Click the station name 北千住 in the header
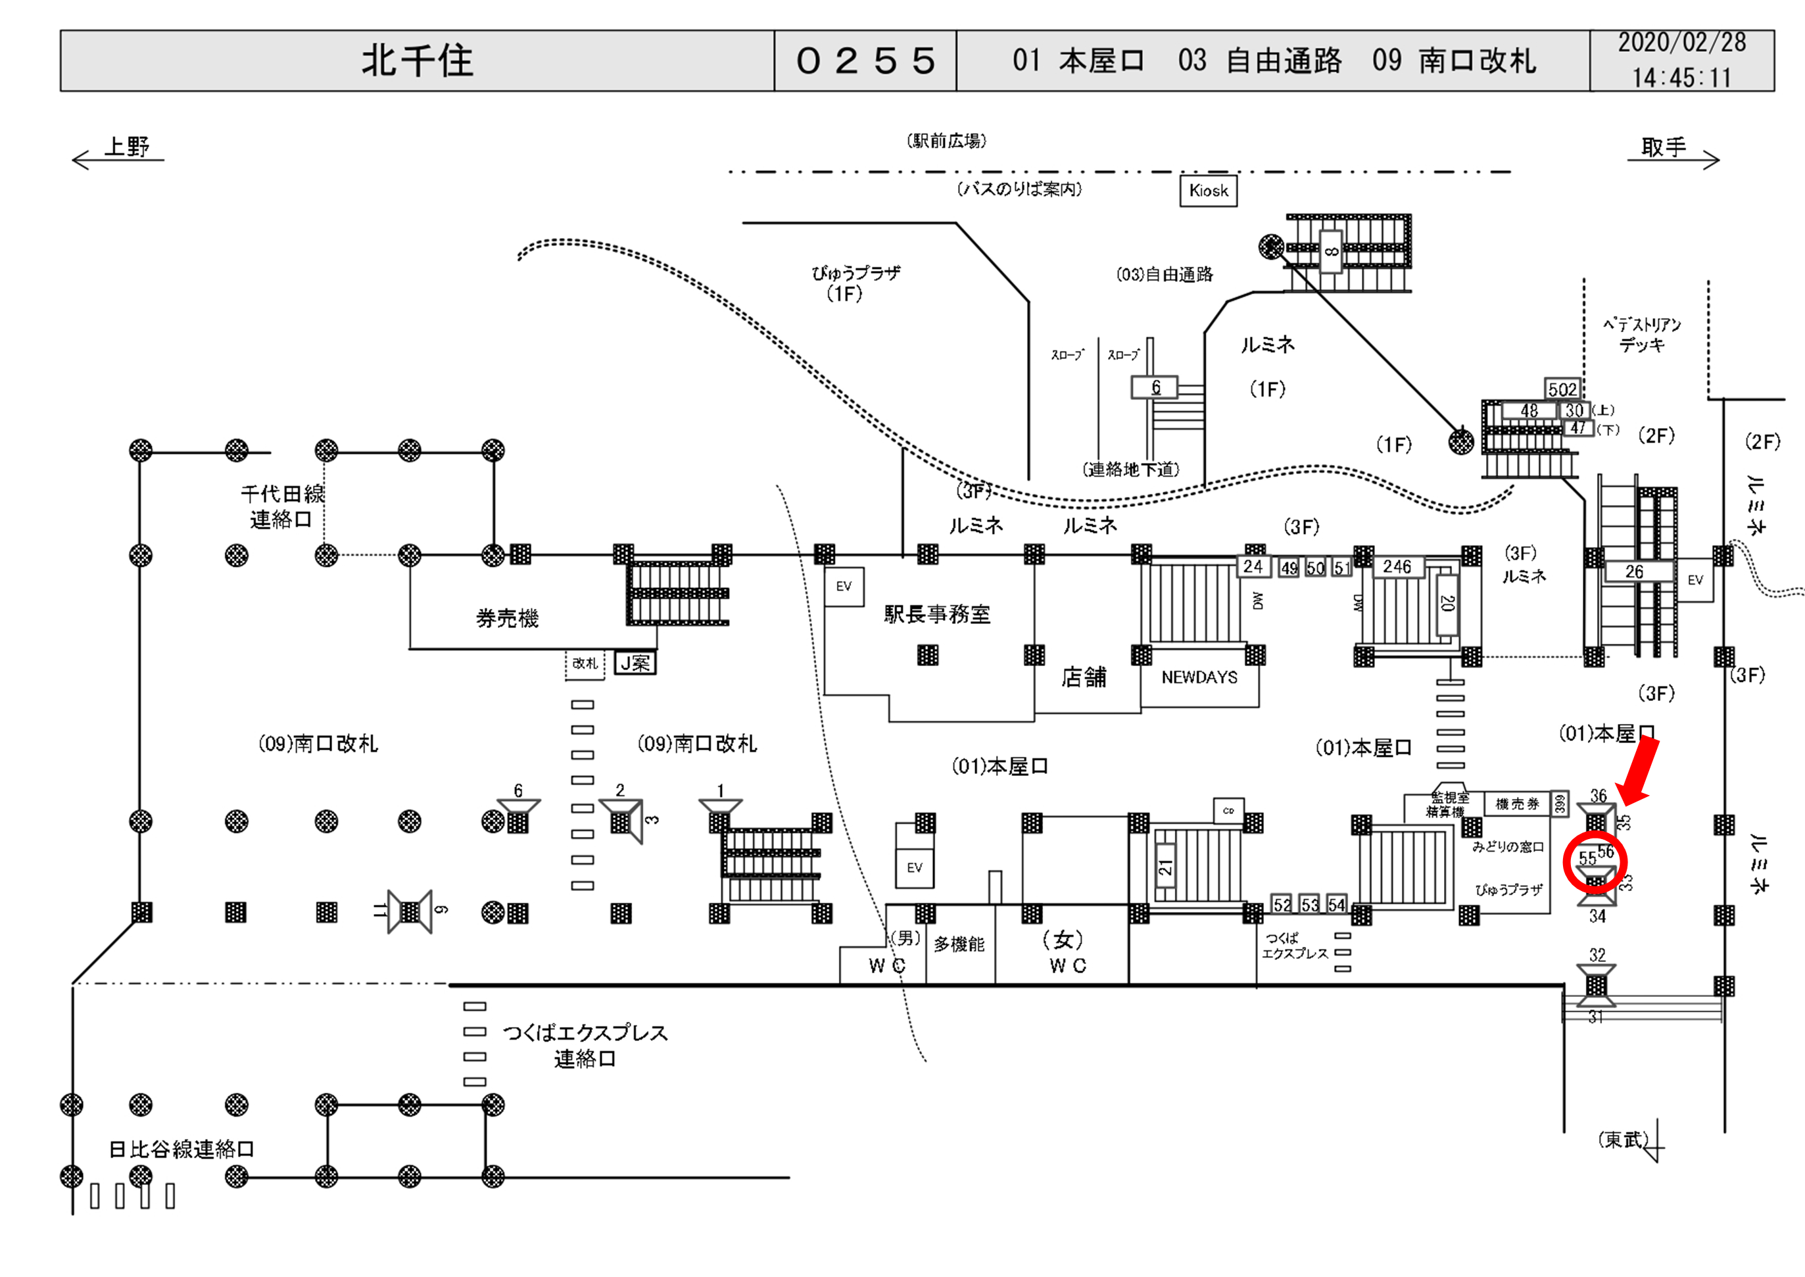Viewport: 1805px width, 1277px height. click(x=417, y=60)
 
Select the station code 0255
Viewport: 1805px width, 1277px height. click(x=865, y=60)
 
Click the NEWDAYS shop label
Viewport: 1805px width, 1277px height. click(x=1199, y=677)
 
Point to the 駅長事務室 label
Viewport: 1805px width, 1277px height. click(x=936, y=614)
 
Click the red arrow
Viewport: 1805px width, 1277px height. click(x=1639, y=771)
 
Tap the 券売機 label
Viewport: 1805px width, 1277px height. click(x=507, y=619)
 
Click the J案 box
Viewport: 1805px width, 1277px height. click(x=635, y=663)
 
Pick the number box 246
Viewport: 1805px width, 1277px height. click(x=1397, y=566)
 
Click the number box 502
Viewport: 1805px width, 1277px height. click(x=1562, y=389)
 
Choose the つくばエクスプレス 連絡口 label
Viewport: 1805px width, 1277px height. click(x=585, y=1046)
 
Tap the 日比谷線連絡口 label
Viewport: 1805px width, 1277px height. click(x=181, y=1149)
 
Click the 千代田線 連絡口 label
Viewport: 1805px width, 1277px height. click(x=281, y=506)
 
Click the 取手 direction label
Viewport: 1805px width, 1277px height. click(x=1664, y=147)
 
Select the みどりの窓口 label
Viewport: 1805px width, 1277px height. click(x=1508, y=847)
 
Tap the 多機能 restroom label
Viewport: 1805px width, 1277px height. click(x=959, y=944)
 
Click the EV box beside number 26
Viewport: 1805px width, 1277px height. click(x=1695, y=579)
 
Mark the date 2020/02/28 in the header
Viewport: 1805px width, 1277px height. click(x=1681, y=43)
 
